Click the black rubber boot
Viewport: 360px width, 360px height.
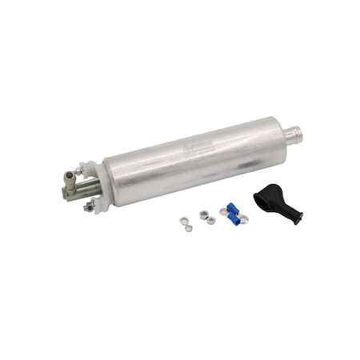(277, 199)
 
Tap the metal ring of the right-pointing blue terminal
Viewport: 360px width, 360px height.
(242, 218)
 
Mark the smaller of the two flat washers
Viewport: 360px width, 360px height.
(188, 228)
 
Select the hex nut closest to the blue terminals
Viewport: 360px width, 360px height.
(211, 220)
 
